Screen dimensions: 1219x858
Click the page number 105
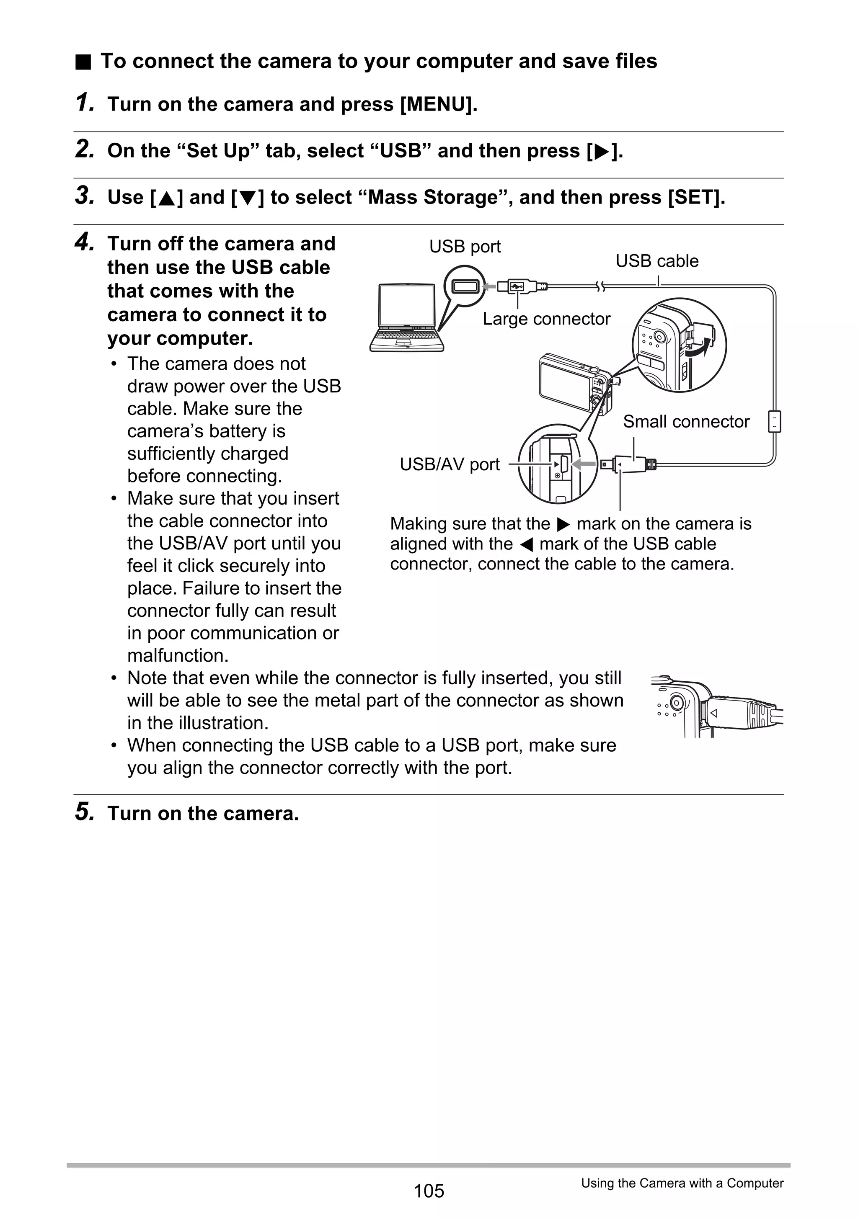429,1191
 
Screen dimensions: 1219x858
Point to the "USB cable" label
656,261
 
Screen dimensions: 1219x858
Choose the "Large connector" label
546,319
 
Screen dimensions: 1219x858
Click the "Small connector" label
686,422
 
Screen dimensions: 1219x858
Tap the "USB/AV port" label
450,464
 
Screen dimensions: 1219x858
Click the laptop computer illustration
406,317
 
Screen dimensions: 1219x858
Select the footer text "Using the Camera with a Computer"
682,1183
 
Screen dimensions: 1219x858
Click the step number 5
85,812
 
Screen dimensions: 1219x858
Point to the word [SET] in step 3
695,198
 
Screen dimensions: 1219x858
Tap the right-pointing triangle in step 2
601,152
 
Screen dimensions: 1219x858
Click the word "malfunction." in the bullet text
178,656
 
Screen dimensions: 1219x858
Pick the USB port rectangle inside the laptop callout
465,287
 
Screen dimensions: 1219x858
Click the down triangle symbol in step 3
248,198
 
